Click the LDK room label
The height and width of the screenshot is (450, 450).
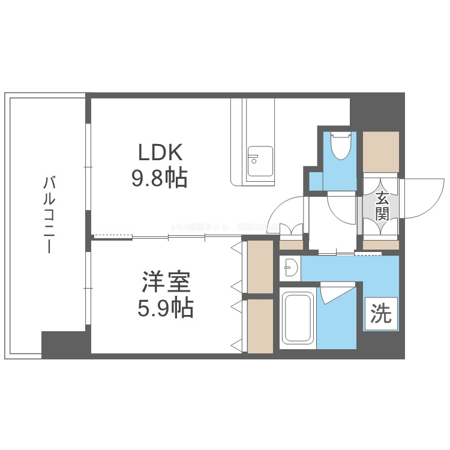click(160, 153)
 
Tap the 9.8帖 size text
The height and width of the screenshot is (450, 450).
click(160, 178)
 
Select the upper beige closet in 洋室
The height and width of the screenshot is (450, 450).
click(260, 266)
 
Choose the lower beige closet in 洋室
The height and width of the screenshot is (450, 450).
click(260, 326)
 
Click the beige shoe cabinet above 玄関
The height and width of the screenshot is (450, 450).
click(380, 151)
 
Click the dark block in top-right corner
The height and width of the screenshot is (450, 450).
click(377, 108)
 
